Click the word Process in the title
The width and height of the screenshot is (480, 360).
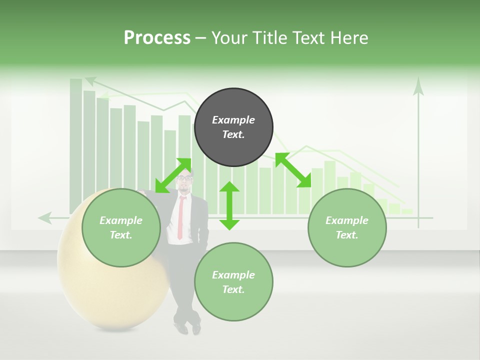157,38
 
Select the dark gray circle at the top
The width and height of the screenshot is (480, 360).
233,127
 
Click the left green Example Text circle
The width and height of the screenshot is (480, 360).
121,227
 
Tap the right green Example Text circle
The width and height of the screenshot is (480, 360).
347,227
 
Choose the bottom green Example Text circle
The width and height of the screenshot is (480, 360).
233,282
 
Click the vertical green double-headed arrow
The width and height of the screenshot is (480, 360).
229,205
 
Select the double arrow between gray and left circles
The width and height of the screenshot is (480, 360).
173,175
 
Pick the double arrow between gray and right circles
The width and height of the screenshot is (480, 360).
293,170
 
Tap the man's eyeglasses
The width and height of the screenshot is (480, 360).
184,178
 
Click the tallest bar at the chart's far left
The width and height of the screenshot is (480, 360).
75,145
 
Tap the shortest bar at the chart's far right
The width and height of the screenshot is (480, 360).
407,211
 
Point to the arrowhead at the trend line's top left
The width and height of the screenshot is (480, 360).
90,80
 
